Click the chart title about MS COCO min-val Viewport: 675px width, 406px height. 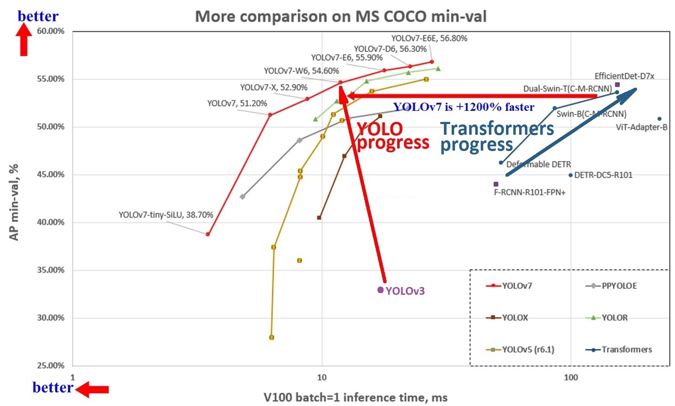point(341,16)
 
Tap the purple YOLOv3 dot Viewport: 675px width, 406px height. point(381,290)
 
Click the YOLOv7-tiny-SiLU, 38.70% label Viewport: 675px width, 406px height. point(166,215)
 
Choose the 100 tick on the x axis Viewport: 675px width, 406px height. point(571,377)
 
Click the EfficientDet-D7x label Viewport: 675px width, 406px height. point(624,76)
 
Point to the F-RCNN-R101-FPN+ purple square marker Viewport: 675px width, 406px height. point(496,184)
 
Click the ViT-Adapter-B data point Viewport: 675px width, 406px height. point(659,119)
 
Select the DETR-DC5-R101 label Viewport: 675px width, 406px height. point(603,175)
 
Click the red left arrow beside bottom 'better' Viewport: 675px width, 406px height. point(92,389)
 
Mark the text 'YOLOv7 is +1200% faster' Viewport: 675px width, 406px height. point(464,107)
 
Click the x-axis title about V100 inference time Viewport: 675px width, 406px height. point(355,397)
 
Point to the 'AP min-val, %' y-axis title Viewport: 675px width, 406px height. point(14,202)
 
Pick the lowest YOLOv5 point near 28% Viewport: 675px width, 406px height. point(271,338)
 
